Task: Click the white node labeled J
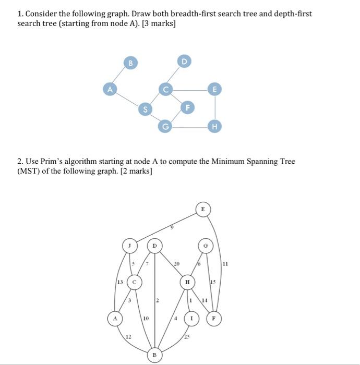[129, 245]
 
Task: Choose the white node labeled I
[192, 317]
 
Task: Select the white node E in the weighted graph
[203, 209]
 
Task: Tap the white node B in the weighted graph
[154, 355]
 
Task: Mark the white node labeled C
[135, 282]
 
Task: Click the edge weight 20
[176, 264]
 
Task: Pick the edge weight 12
[128, 336]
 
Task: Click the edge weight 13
[119, 282]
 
